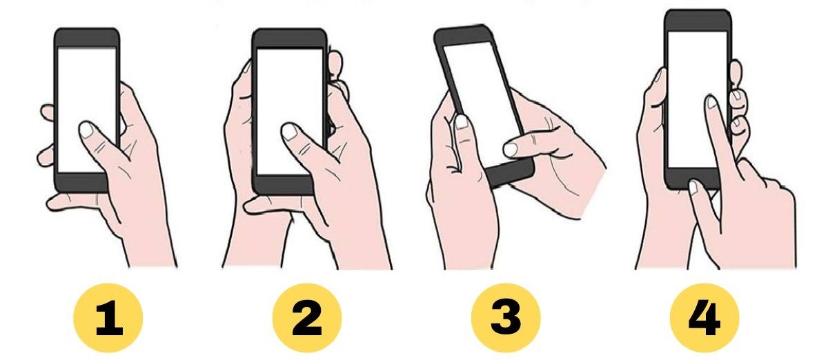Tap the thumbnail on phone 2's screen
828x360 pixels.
290,131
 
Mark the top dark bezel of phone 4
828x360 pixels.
698,20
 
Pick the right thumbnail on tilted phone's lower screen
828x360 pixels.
511,148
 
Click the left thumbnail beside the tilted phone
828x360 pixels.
461,122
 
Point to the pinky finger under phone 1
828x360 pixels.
59,201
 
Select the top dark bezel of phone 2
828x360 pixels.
289,39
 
